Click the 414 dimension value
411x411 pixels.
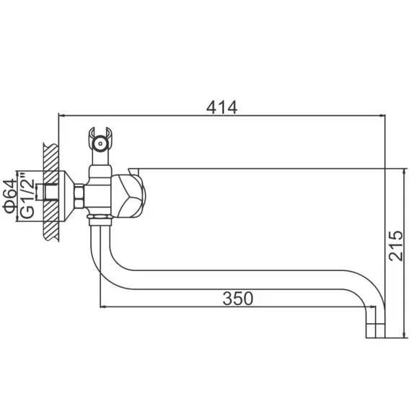(x=221, y=106)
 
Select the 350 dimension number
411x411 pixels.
(x=237, y=298)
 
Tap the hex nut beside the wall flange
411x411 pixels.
(x=80, y=195)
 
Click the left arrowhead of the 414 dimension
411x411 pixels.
(x=61, y=115)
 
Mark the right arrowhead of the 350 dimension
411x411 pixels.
(x=376, y=307)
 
